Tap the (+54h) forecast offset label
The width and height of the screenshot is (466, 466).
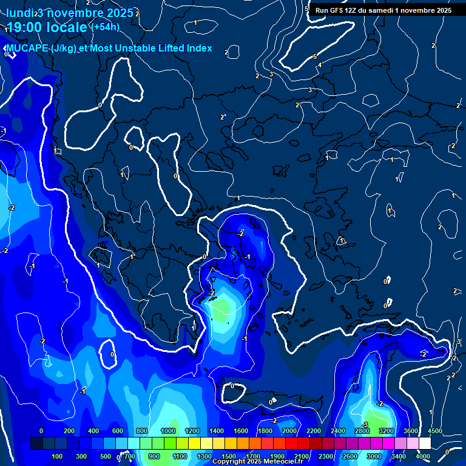click(105, 27)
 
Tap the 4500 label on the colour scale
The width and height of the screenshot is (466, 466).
click(435, 431)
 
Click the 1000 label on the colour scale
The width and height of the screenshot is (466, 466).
click(168, 431)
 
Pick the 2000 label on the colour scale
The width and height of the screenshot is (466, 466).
click(289, 431)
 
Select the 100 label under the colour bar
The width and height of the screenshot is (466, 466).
click(58, 456)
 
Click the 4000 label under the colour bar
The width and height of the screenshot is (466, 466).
click(423, 456)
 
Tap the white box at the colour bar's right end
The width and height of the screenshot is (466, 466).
click(425, 444)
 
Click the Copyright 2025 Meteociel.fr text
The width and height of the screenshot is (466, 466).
click(257, 462)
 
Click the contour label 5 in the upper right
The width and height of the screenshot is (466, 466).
click(315, 56)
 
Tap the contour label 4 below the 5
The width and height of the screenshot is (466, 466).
click(320, 65)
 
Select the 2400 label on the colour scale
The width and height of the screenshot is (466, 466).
click(338, 431)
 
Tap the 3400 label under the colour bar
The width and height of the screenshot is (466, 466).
click(399, 456)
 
